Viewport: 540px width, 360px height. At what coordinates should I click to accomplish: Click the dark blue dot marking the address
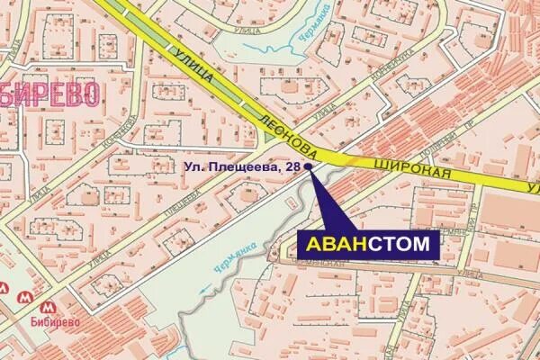(309, 166)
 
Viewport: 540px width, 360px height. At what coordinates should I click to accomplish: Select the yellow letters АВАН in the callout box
(332, 244)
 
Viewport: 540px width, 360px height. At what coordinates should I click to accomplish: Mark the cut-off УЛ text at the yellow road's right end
(532, 186)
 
